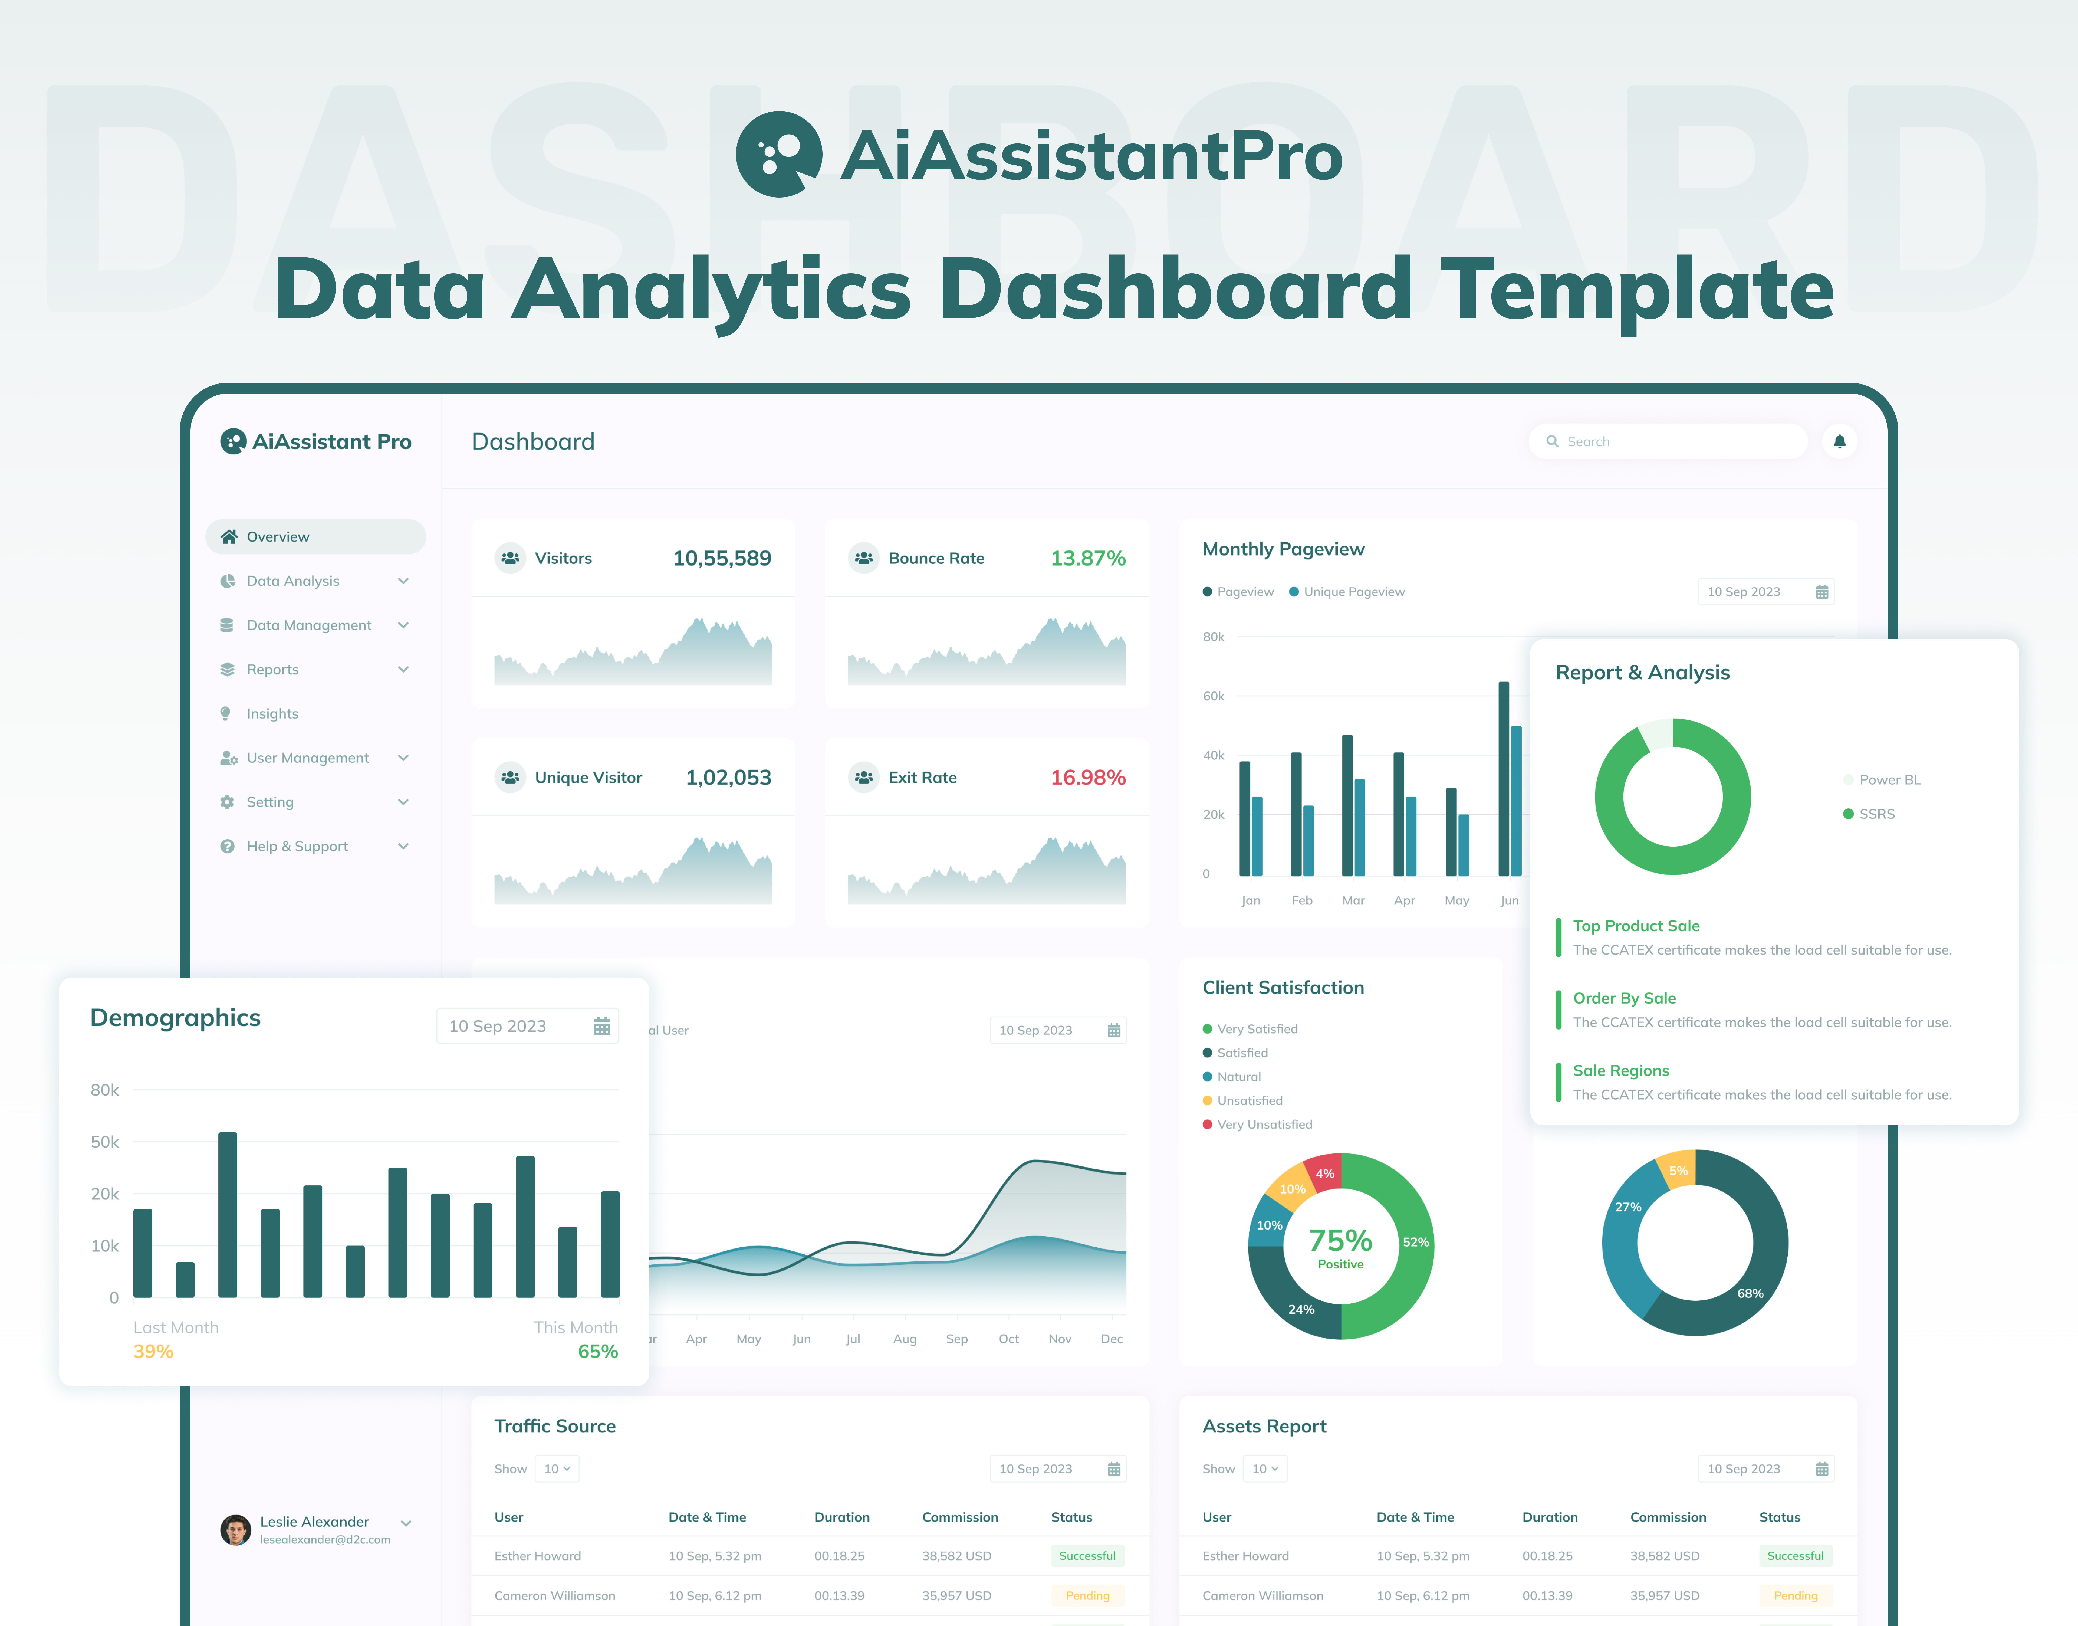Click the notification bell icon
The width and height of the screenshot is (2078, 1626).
pos(1839,442)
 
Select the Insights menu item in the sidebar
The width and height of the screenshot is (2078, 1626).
pos(272,714)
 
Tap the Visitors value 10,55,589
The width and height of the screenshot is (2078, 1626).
pos(722,559)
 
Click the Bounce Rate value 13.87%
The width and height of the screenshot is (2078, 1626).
pos(1087,559)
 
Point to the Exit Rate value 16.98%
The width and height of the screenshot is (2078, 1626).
pos(1087,778)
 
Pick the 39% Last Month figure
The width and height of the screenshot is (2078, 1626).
pos(153,1352)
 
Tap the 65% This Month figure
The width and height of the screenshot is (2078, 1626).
pos(598,1352)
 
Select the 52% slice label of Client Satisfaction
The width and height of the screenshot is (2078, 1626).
pos(1415,1242)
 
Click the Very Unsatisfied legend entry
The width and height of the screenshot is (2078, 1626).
pos(1263,1124)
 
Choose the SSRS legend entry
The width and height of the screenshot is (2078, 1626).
pos(1875,814)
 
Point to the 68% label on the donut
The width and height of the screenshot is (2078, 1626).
pos(1750,1294)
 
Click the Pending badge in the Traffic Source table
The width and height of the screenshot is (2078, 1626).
pos(1087,1595)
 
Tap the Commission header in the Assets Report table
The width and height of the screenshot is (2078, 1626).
pos(1668,1517)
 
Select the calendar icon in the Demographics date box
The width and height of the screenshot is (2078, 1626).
pos(601,1026)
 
